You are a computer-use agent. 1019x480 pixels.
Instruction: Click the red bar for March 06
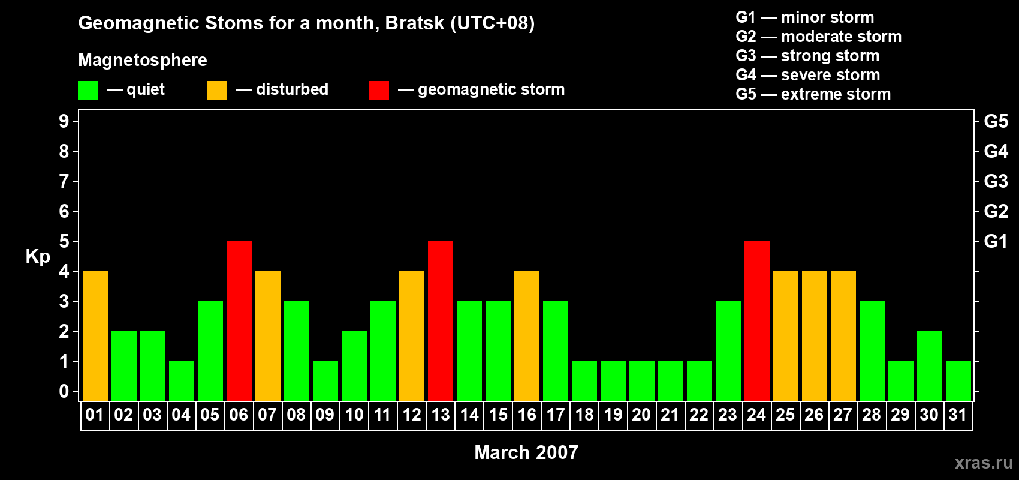(239, 320)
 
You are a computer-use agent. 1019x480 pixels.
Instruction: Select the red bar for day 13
(441, 320)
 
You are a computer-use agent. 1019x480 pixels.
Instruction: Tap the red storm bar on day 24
(757, 320)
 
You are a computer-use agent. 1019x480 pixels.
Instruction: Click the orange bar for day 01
(95, 335)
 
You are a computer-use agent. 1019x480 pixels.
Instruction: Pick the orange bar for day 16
(527, 335)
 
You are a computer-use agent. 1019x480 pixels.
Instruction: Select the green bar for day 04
(182, 380)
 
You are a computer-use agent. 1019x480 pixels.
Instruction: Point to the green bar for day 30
(930, 365)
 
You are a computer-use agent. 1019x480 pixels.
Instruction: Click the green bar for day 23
(728, 350)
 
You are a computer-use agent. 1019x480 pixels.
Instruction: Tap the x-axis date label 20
(641, 415)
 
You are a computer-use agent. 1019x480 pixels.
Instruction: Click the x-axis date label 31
(958, 415)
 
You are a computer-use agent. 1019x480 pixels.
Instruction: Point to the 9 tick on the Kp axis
(64, 121)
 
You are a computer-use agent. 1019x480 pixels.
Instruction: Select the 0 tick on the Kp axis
(64, 392)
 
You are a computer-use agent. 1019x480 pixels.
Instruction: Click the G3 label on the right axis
(996, 181)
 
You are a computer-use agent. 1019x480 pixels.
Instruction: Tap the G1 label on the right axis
(996, 241)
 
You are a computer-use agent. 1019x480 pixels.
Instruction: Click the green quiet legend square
(88, 91)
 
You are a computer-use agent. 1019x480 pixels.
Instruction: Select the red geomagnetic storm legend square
(379, 91)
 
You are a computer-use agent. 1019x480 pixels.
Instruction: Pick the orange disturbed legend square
(217, 91)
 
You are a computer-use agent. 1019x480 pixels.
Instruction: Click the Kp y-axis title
(38, 257)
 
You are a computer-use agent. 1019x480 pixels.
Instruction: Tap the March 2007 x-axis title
(526, 452)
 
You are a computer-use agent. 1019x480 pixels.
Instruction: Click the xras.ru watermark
(984, 463)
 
